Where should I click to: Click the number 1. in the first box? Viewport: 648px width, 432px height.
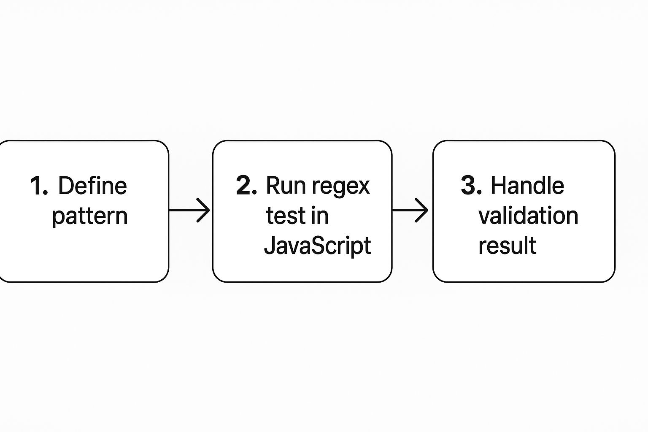(x=39, y=186)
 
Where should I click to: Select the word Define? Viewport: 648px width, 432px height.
(x=92, y=186)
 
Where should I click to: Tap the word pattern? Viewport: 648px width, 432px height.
(x=89, y=216)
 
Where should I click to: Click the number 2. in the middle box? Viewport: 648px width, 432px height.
(x=246, y=186)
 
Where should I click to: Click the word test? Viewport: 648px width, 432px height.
(x=285, y=216)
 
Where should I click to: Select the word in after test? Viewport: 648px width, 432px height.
(x=320, y=216)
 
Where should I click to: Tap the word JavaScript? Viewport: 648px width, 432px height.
(x=317, y=246)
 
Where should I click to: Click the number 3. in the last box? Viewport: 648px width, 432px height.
(x=471, y=186)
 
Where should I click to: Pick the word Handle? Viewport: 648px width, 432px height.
(x=527, y=186)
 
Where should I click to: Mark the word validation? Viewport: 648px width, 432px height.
(x=528, y=216)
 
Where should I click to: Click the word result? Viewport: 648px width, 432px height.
(x=507, y=246)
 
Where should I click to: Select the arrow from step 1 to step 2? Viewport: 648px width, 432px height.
(x=189, y=210)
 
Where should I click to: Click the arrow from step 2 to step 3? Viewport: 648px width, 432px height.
(x=410, y=210)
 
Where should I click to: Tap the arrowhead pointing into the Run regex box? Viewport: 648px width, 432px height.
(x=205, y=210)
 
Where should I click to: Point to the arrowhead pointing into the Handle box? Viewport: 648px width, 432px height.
(x=423, y=210)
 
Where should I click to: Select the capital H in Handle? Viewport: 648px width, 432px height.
(x=498, y=186)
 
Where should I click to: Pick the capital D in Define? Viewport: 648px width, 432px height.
(x=65, y=186)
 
